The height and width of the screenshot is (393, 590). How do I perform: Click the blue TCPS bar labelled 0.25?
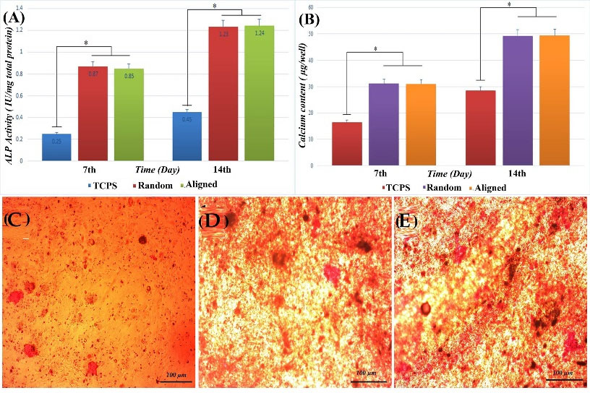[x=61, y=147]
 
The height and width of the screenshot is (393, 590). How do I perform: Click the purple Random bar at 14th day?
[x=517, y=101]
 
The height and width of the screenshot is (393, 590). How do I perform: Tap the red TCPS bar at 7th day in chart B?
[x=347, y=144]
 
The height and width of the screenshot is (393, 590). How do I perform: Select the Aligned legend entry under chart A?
[x=196, y=184]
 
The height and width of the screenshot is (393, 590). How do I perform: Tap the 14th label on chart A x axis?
[x=223, y=171]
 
